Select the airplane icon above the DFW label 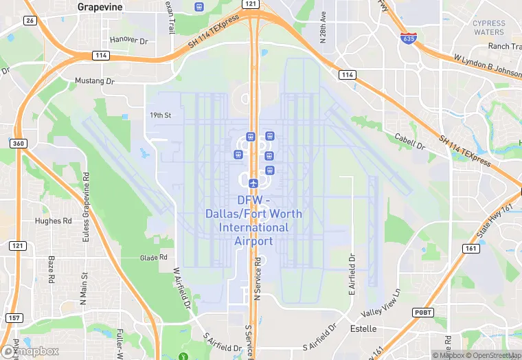click(x=253, y=183)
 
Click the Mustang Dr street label click(x=95, y=80)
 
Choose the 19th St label click(x=160, y=115)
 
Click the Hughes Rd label click(x=54, y=221)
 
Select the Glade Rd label click(x=154, y=258)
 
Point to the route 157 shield click(x=13, y=317)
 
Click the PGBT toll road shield click(x=424, y=312)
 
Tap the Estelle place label click(x=363, y=328)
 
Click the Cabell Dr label click(x=411, y=142)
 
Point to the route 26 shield click(x=29, y=21)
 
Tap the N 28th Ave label click(x=323, y=34)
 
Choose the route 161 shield click(x=471, y=248)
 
